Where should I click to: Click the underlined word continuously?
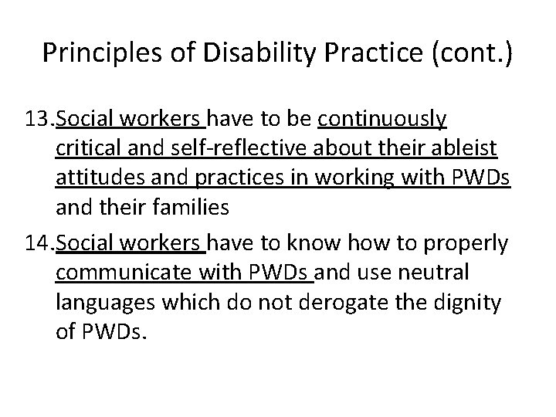pyautogui.click(x=381, y=120)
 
